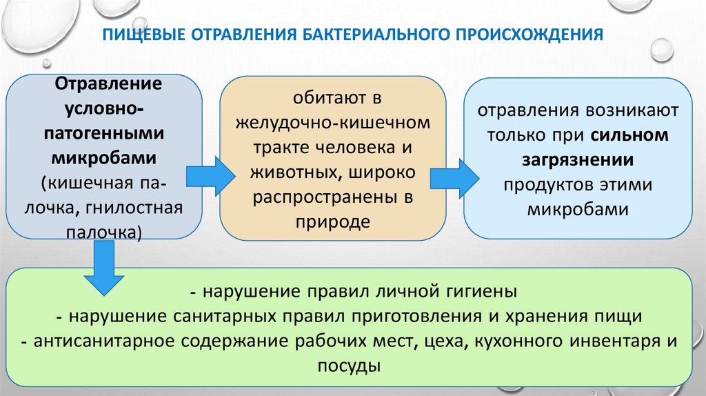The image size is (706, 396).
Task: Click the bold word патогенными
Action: pyautogui.click(x=105, y=133)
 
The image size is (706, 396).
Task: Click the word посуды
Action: pyautogui.click(x=350, y=365)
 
